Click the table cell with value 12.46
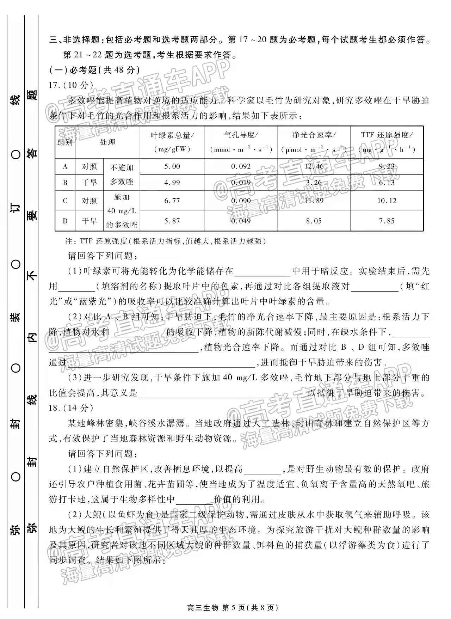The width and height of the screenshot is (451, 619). click(314, 167)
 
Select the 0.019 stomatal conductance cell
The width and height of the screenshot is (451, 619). click(241, 183)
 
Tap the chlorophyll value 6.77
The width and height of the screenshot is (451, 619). click(172, 201)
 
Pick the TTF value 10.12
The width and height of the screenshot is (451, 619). click(387, 201)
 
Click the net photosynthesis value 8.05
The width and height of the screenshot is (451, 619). click(314, 221)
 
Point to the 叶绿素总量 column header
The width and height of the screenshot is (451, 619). click(172, 142)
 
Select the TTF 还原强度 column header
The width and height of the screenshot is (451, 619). click(387, 142)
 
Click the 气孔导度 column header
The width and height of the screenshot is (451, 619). click(241, 142)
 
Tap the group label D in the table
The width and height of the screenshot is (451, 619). click(65, 221)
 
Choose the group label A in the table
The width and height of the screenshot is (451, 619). click(65, 167)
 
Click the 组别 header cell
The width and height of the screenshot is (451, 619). click(65, 142)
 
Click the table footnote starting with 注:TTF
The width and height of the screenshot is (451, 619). click(166, 241)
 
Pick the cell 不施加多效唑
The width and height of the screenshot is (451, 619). click(122, 175)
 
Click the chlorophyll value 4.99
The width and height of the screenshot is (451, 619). click(172, 183)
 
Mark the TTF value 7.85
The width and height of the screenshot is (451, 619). click(387, 221)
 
